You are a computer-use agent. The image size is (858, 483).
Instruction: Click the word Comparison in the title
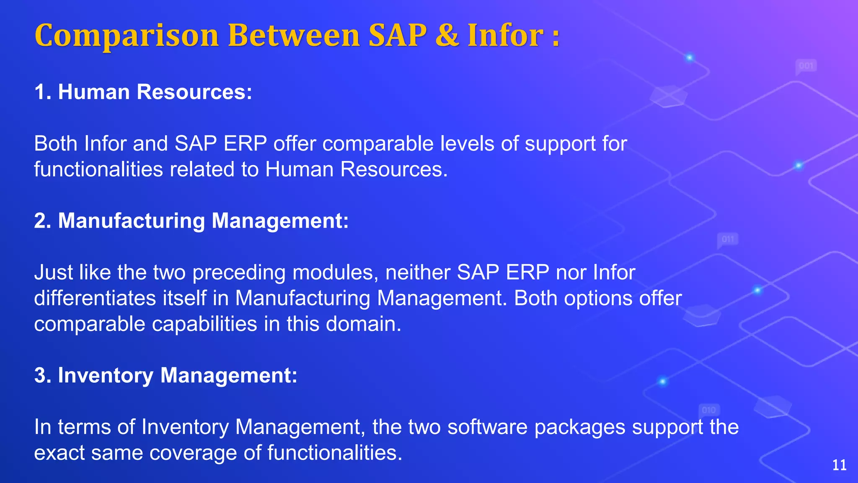click(127, 36)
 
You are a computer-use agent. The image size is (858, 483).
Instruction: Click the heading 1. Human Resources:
click(143, 92)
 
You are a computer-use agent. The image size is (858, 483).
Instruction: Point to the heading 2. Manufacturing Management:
click(191, 221)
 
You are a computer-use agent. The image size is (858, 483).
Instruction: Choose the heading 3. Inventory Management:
click(165, 375)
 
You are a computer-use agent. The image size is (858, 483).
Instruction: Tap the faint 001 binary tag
click(806, 66)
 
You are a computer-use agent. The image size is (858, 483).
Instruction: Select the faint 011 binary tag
click(728, 239)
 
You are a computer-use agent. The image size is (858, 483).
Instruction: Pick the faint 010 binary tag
click(709, 410)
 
